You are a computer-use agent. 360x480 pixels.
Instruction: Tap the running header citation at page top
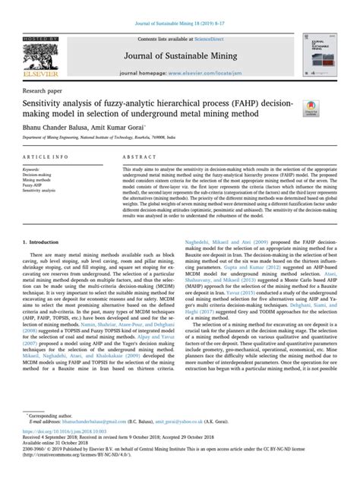[180, 6]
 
